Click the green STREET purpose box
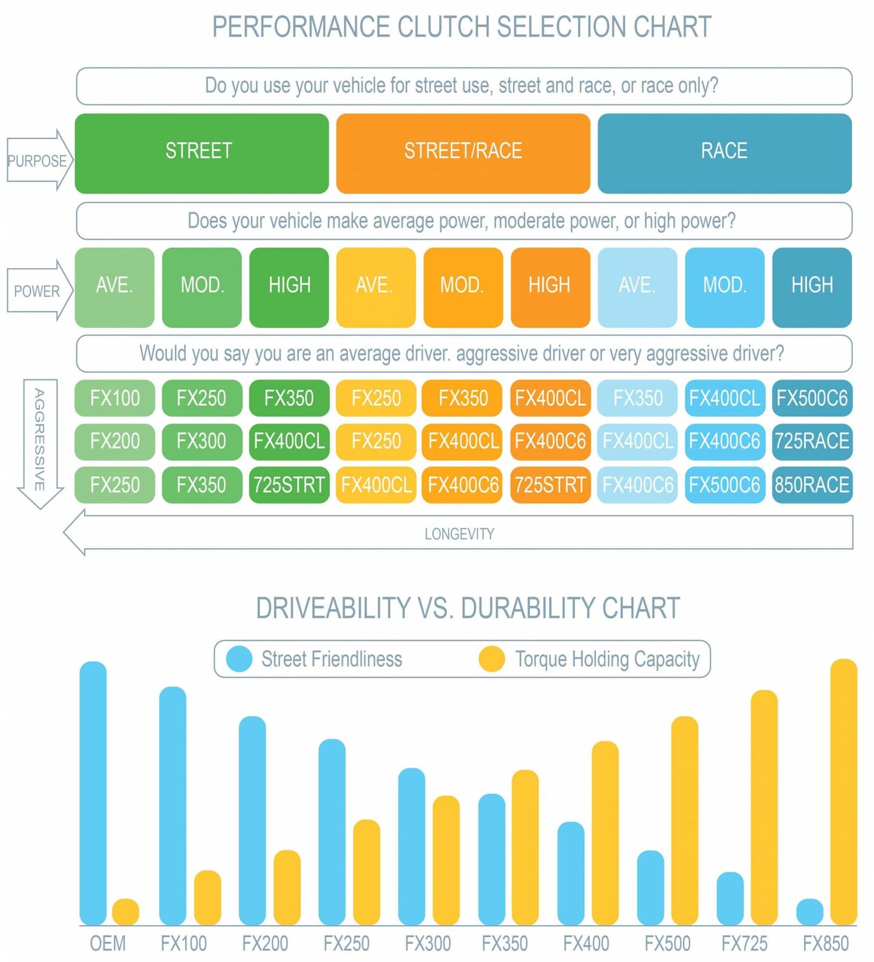(201, 153)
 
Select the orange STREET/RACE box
(463, 153)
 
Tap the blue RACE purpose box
(724, 153)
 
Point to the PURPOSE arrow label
(37, 161)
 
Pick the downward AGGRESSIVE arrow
(40, 442)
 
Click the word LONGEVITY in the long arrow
(459, 534)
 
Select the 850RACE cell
(812, 485)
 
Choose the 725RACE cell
(812, 441)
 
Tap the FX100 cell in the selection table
(114, 398)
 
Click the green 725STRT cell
(289, 485)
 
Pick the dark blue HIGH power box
(812, 287)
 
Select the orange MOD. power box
(463, 287)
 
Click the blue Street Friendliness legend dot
(238, 659)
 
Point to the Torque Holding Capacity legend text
(607, 659)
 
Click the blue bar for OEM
(93, 793)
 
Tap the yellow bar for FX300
(446, 859)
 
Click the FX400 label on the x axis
(585, 943)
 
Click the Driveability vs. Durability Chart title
(468, 608)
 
